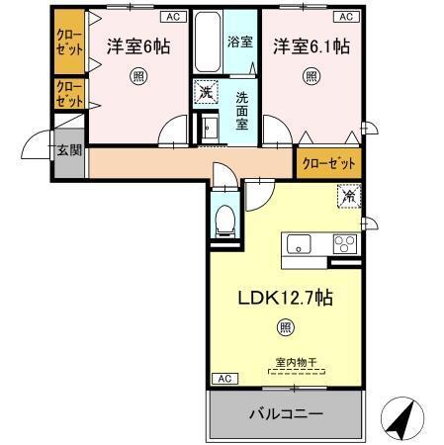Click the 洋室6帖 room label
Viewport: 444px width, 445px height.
(138, 45)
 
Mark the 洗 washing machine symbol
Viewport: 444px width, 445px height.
(204, 91)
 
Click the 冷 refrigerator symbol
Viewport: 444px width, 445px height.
(349, 197)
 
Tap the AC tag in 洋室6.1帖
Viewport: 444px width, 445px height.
(346, 17)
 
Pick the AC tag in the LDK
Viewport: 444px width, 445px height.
(223, 379)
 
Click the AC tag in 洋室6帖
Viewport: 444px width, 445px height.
(173, 17)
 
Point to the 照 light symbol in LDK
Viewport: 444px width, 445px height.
(284, 327)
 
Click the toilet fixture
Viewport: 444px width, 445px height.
(223, 221)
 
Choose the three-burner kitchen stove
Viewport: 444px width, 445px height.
(346, 244)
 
